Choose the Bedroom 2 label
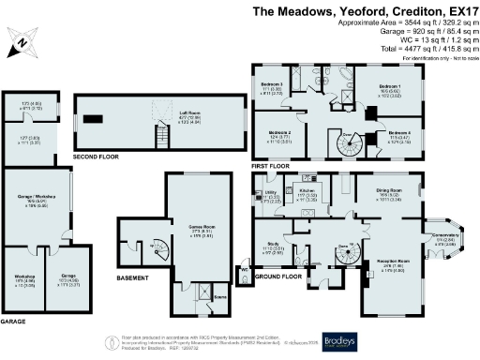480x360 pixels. click(x=280, y=135)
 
